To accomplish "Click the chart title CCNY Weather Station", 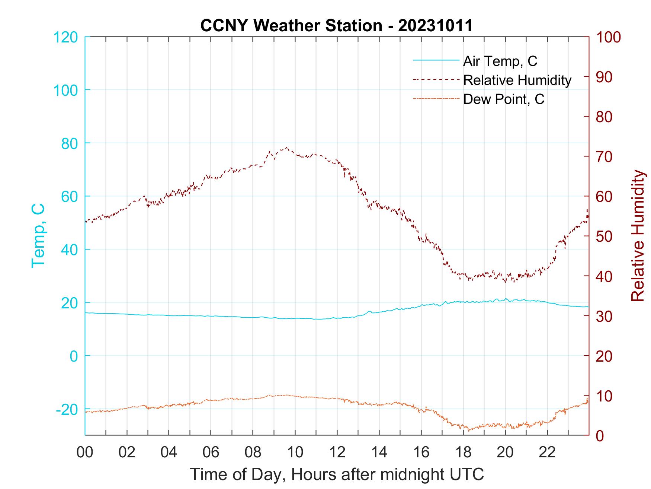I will [x=336, y=26].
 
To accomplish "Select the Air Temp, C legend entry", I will [x=500, y=61].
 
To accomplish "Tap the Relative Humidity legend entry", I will [x=517, y=80].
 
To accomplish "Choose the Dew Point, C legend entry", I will [x=503, y=99].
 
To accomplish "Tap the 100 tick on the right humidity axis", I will [x=609, y=37].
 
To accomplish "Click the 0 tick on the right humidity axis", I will [x=600, y=435].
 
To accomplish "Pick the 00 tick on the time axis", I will [x=85, y=453].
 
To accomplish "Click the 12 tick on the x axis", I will [x=337, y=453].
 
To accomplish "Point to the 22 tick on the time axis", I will [x=547, y=453].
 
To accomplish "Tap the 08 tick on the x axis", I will [x=253, y=453].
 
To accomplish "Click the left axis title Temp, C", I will [x=38, y=236].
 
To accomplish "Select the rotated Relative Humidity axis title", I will [x=638, y=236].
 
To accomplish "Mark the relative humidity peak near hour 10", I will [x=286, y=147].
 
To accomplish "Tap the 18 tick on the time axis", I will [x=463, y=453].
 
